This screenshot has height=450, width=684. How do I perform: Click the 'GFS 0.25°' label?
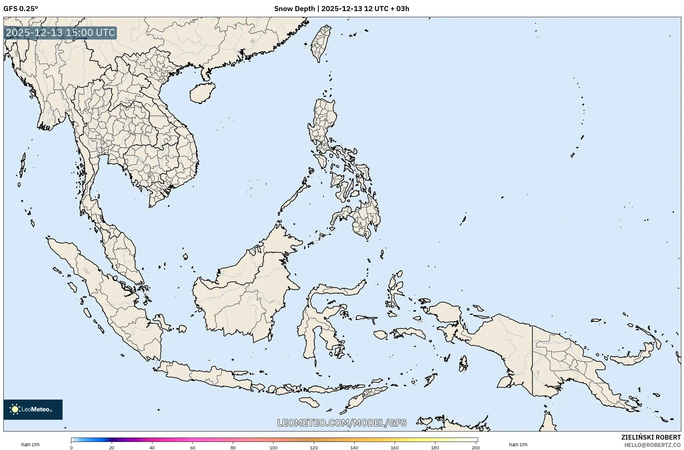point(21,9)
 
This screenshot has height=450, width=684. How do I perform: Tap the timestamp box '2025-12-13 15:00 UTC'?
point(60,33)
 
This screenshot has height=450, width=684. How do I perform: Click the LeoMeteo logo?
point(33,409)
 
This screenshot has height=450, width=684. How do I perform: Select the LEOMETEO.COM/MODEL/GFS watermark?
point(342,423)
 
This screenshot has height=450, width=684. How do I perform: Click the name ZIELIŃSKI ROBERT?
point(651,437)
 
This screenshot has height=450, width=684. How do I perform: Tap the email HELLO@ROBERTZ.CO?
point(652,445)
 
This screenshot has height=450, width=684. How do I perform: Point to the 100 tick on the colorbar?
point(273,448)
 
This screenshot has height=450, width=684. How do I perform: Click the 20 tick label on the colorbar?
point(111,448)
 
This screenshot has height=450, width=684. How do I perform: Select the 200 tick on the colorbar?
point(475,448)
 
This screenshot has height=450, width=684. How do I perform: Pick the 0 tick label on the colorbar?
point(71,448)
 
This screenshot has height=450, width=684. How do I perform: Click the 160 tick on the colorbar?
point(395,448)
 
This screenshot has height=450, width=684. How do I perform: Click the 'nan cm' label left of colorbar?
point(30,445)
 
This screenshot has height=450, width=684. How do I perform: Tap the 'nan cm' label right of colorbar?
point(518,445)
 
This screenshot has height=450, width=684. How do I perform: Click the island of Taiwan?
point(320,44)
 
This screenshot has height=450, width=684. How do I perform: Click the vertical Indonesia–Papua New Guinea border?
point(532,360)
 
